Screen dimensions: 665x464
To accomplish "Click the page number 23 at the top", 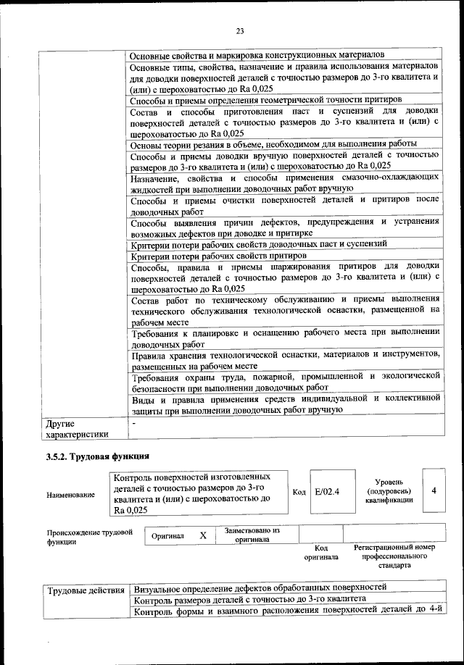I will (239, 30).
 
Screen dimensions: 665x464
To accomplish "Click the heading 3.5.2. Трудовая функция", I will (97, 456).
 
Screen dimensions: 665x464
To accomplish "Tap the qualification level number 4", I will (434, 491).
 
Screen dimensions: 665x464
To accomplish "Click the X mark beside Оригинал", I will (203, 535).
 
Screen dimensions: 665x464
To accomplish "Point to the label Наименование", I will (70, 495).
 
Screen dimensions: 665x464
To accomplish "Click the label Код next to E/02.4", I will (298, 493).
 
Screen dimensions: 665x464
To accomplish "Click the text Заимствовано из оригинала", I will (252, 535).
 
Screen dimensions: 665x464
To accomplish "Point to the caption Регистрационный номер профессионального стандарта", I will (394, 556).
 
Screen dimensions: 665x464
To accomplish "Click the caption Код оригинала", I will (321, 552).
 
